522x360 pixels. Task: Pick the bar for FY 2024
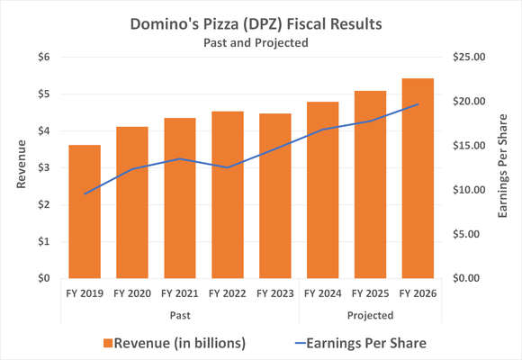point(322,190)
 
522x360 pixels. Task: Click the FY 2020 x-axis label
point(131,293)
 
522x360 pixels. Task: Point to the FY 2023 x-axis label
point(274,293)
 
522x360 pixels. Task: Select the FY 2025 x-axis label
point(369,293)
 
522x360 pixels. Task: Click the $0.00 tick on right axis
point(469,278)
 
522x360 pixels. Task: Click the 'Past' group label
point(180,315)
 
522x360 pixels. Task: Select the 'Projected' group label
point(370,315)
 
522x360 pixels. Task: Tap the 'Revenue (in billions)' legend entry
point(175,342)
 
